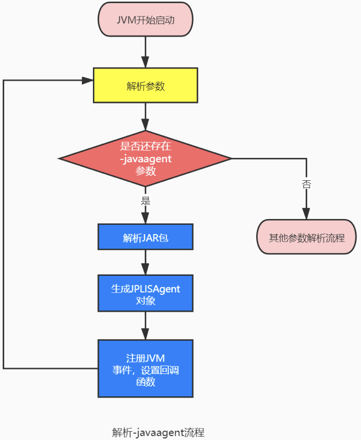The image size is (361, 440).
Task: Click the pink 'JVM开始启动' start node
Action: pyautogui.click(x=146, y=20)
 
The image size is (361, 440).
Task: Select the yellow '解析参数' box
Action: pyautogui.click(x=146, y=85)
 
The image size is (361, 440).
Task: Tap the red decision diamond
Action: pyautogui.click(x=146, y=159)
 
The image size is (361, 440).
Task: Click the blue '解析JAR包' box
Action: pyautogui.click(x=146, y=237)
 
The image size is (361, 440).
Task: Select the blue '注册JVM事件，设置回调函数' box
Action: pyautogui.click(x=146, y=368)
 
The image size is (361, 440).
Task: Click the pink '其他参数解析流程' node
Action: pyautogui.click(x=306, y=238)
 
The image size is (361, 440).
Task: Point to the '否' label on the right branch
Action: pyautogui.click(x=306, y=184)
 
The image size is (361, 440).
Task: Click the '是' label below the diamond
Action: pyautogui.click(x=146, y=201)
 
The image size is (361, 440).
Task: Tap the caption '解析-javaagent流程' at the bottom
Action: pyautogui.click(x=158, y=432)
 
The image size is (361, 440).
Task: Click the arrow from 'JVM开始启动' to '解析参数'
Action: pyautogui.click(x=146, y=52)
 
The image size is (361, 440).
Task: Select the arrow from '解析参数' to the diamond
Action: pyautogui.click(x=146, y=117)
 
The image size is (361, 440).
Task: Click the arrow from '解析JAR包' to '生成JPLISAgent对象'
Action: pyautogui.click(x=146, y=262)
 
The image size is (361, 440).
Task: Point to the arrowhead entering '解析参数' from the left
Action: pyautogui.click(x=88, y=80)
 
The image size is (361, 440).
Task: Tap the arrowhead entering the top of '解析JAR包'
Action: pyautogui.click(x=146, y=219)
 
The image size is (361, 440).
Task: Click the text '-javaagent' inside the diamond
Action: pyautogui.click(x=146, y=159)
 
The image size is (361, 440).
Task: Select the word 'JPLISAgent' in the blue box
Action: pyautogui.click(x=155, y=289)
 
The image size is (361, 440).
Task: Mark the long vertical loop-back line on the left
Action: pyautogui.click(x=3, y=225)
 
